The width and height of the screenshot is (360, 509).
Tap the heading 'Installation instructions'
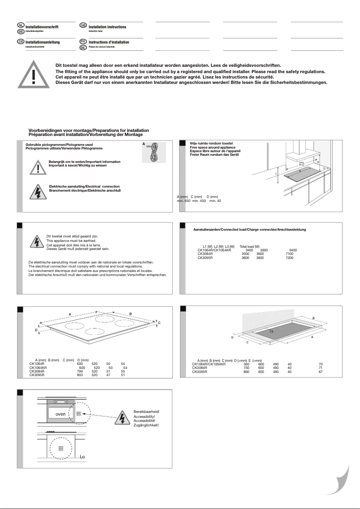click(107, 27)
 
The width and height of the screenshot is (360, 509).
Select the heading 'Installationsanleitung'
click(43, 42)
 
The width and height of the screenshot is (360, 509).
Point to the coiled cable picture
click(154, 152)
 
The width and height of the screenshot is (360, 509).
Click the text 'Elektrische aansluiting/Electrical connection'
click(84, 186)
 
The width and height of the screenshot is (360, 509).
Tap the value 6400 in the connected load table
click(293, 250)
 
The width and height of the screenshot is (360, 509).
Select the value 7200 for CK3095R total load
click(290, 258)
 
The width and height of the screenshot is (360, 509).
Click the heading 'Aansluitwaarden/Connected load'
click(250, 230)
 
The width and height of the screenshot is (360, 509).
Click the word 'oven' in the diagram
click(61, 414)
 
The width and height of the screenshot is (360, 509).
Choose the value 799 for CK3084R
click(80, 372)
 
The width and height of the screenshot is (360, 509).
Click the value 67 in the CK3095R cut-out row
click(320, 372)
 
